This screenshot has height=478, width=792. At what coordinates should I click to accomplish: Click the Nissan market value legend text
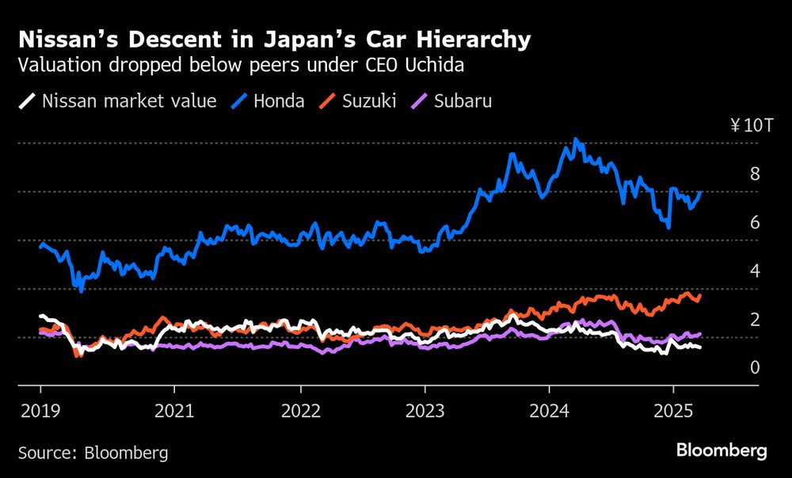(129, 101)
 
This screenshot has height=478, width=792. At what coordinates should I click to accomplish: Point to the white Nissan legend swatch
(28, 101)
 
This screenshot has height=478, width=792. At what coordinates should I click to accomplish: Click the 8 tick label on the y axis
(755, 174)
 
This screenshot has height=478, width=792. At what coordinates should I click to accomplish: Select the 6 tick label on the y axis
(755, 222)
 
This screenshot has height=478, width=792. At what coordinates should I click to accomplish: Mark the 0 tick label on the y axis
(755, 367)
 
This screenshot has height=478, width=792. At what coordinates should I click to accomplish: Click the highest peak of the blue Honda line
(575, 139)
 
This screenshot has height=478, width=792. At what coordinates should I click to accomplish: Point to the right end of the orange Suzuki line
(700, 295)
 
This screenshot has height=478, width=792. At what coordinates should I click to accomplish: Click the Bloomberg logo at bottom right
(721, 450)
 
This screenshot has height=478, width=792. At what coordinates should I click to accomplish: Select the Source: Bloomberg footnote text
(93, 453)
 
